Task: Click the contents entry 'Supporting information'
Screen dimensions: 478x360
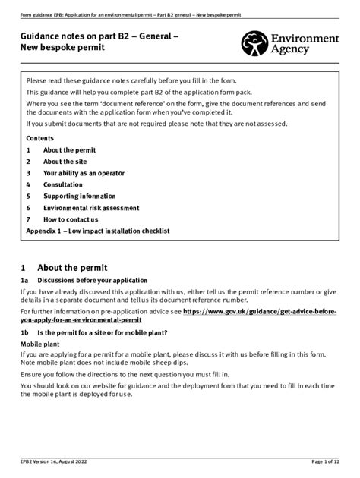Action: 80,196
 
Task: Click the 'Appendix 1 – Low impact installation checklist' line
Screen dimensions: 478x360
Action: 98,231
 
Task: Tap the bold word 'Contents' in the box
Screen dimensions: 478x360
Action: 40,139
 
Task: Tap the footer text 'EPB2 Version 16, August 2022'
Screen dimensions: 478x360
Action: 59,462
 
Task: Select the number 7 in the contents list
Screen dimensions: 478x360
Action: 28,219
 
